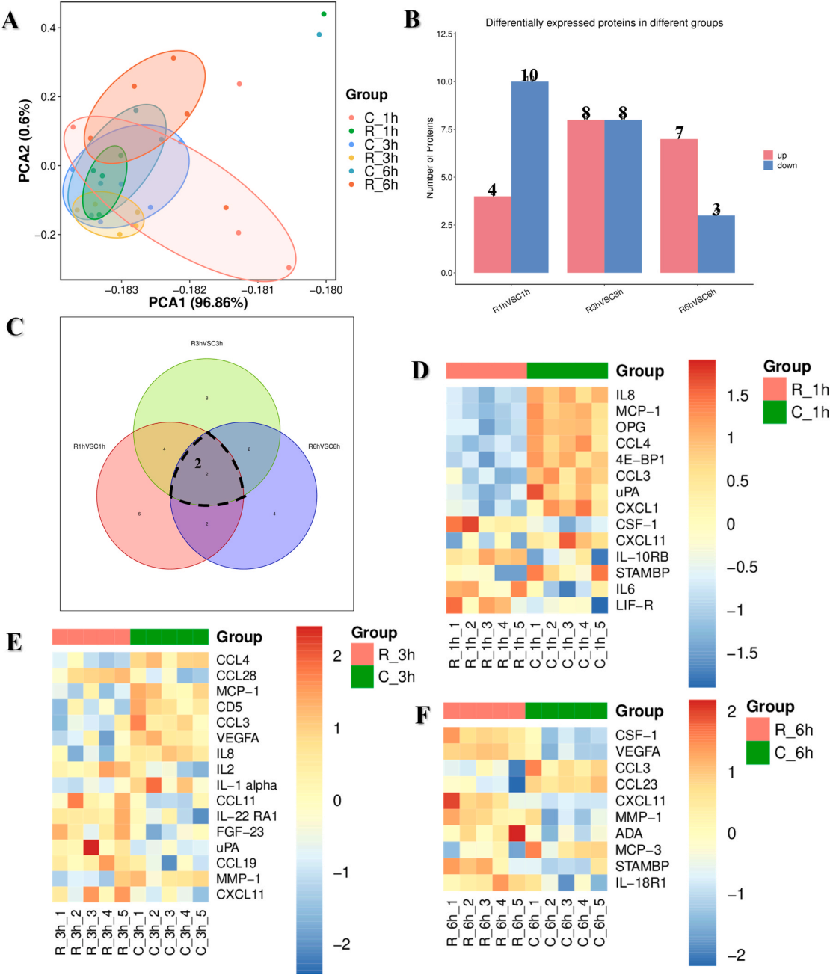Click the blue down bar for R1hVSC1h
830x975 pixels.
[x=529, y=177]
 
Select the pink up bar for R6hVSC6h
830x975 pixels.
[x=678, y=206]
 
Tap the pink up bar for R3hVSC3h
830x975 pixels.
[x=585, y=196]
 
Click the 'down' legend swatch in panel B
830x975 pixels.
[x=768, y=165]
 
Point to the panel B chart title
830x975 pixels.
[x=604, y=23]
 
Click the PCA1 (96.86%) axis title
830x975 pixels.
[x=198, y=303]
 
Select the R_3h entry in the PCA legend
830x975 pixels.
[x=381, y=158]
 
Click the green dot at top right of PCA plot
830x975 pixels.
[x=324, y=14]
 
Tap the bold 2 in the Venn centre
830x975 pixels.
[x=198, y=464]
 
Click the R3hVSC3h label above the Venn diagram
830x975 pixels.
[x=206, y=344]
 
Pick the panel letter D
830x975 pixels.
[x=420, y=369]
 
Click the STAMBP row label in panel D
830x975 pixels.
[x=642, y=573]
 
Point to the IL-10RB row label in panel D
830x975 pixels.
[x=642, y=556]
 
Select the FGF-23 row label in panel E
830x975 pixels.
[x=240, y=831]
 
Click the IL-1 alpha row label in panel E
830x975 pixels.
[x=246, y=785]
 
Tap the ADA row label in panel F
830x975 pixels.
[x=629, y=834]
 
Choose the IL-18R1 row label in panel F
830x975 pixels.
[x=641, y=882]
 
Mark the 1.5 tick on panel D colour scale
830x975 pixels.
[x=737, y=396]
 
